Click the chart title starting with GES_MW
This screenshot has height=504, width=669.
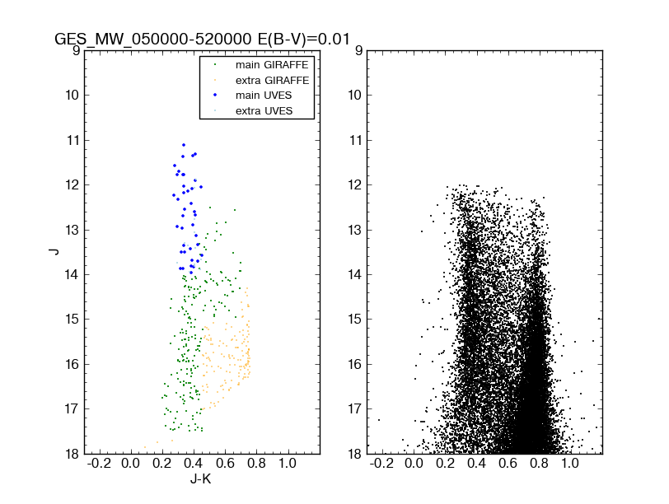tap(203, 39)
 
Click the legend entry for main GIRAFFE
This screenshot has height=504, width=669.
tap(268, 64)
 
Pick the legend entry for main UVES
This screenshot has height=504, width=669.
tap(263, 96)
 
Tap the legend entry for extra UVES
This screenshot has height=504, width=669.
tap(263, 110)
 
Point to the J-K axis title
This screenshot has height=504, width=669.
tap(203, 478)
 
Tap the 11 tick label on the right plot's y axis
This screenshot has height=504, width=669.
tap(353, 140)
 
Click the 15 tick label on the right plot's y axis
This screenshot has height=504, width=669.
tap(353, 320)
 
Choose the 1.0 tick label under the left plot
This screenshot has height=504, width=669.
tap(288, 464)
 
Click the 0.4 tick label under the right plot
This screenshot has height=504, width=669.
tap(477, 464)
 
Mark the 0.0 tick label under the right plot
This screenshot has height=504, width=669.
tap(415, 464)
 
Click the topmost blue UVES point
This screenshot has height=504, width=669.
tap(184, 145)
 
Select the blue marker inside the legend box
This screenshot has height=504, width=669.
tap(214, 96)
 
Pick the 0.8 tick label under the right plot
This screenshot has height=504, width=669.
tap(539, 464)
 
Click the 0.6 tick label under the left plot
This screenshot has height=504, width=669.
tap(225, 464)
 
